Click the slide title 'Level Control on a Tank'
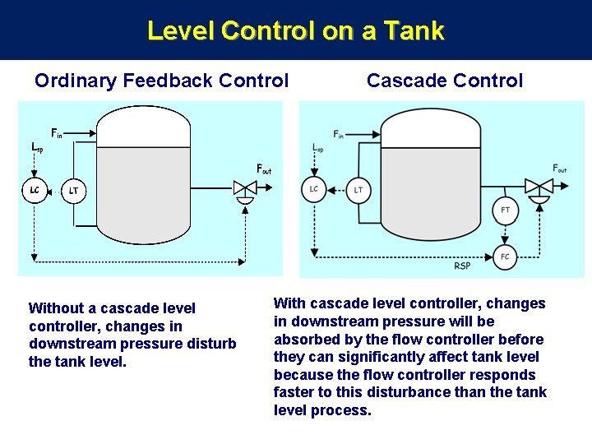296,31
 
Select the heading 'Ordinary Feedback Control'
161,81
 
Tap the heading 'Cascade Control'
444,81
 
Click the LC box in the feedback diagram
35,191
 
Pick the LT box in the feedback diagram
74,192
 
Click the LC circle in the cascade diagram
313,189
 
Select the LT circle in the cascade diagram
358,190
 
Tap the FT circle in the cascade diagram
505,210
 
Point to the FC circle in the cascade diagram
505,257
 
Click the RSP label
462,266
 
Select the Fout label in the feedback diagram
264,169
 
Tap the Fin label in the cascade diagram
339,134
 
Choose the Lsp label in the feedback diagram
37,147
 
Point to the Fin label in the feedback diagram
57,132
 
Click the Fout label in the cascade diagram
560,169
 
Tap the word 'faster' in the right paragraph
294,392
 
